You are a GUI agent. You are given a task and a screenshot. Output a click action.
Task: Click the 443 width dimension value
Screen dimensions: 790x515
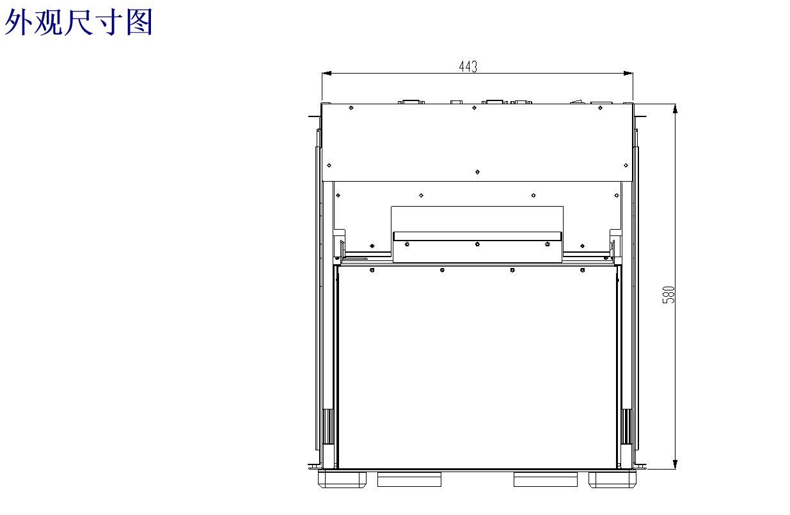click(468, 67)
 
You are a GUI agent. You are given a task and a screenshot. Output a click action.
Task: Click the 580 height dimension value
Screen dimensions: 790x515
click(668, 294)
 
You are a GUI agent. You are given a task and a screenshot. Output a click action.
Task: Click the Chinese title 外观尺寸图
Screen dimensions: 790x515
click(78, 22)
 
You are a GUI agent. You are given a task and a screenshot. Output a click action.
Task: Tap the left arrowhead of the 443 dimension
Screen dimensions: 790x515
click(327, 74)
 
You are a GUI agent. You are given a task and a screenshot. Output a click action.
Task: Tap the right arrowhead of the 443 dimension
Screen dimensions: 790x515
click(628, 74)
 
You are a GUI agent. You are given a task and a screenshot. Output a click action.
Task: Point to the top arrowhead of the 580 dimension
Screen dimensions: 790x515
click(675, 109)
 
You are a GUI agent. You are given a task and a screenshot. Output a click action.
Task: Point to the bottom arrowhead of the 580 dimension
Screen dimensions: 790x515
click(675, 464)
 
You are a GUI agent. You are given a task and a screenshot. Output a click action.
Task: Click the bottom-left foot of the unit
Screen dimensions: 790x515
click(342, 480)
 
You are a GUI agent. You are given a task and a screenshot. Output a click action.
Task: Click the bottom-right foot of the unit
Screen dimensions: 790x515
click(612, 480)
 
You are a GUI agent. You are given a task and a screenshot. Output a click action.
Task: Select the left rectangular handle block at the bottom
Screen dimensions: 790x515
click(409, 480)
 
